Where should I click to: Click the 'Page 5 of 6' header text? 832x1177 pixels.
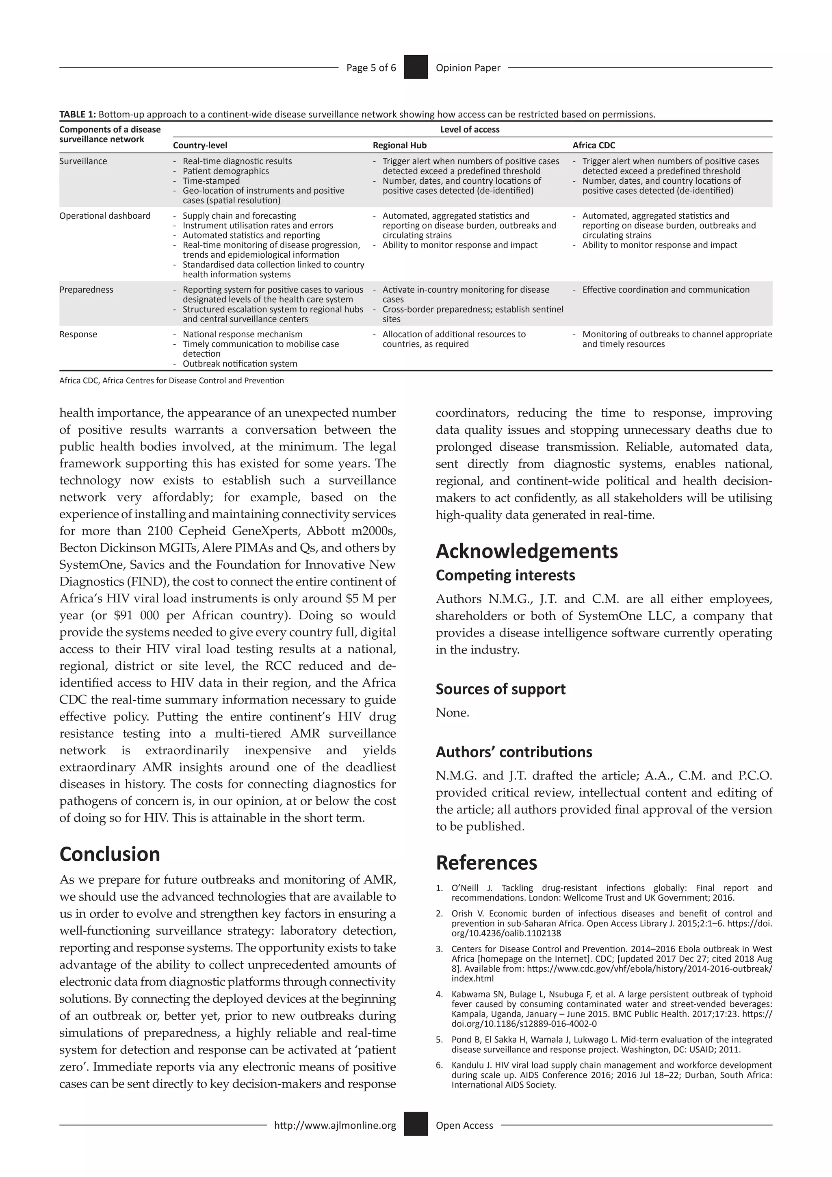(371, 67)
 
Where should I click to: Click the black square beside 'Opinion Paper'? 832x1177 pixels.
(416, 67)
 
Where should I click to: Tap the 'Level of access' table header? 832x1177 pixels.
(469, 130)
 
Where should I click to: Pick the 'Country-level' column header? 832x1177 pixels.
(200, 145)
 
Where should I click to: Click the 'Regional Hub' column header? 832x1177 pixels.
(400, 145)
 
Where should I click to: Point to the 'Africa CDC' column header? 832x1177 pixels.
(594, 145)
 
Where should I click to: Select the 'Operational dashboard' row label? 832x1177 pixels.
(105, 216)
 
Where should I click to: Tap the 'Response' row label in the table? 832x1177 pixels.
(78, 334)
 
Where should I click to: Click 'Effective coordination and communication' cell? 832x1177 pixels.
(665, 290)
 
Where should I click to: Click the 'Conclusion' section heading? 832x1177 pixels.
(110, 854)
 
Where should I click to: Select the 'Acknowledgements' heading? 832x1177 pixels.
(526, 551)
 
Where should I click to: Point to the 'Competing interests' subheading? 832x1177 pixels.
(505, 575)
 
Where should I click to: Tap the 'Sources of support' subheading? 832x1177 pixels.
(500, 689)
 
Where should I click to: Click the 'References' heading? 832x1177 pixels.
(486, 863)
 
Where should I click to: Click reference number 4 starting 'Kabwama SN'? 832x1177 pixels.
(604, 1009)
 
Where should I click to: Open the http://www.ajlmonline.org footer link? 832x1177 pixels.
(335, 1125)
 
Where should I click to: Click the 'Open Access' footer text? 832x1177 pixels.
(464, 1125)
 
